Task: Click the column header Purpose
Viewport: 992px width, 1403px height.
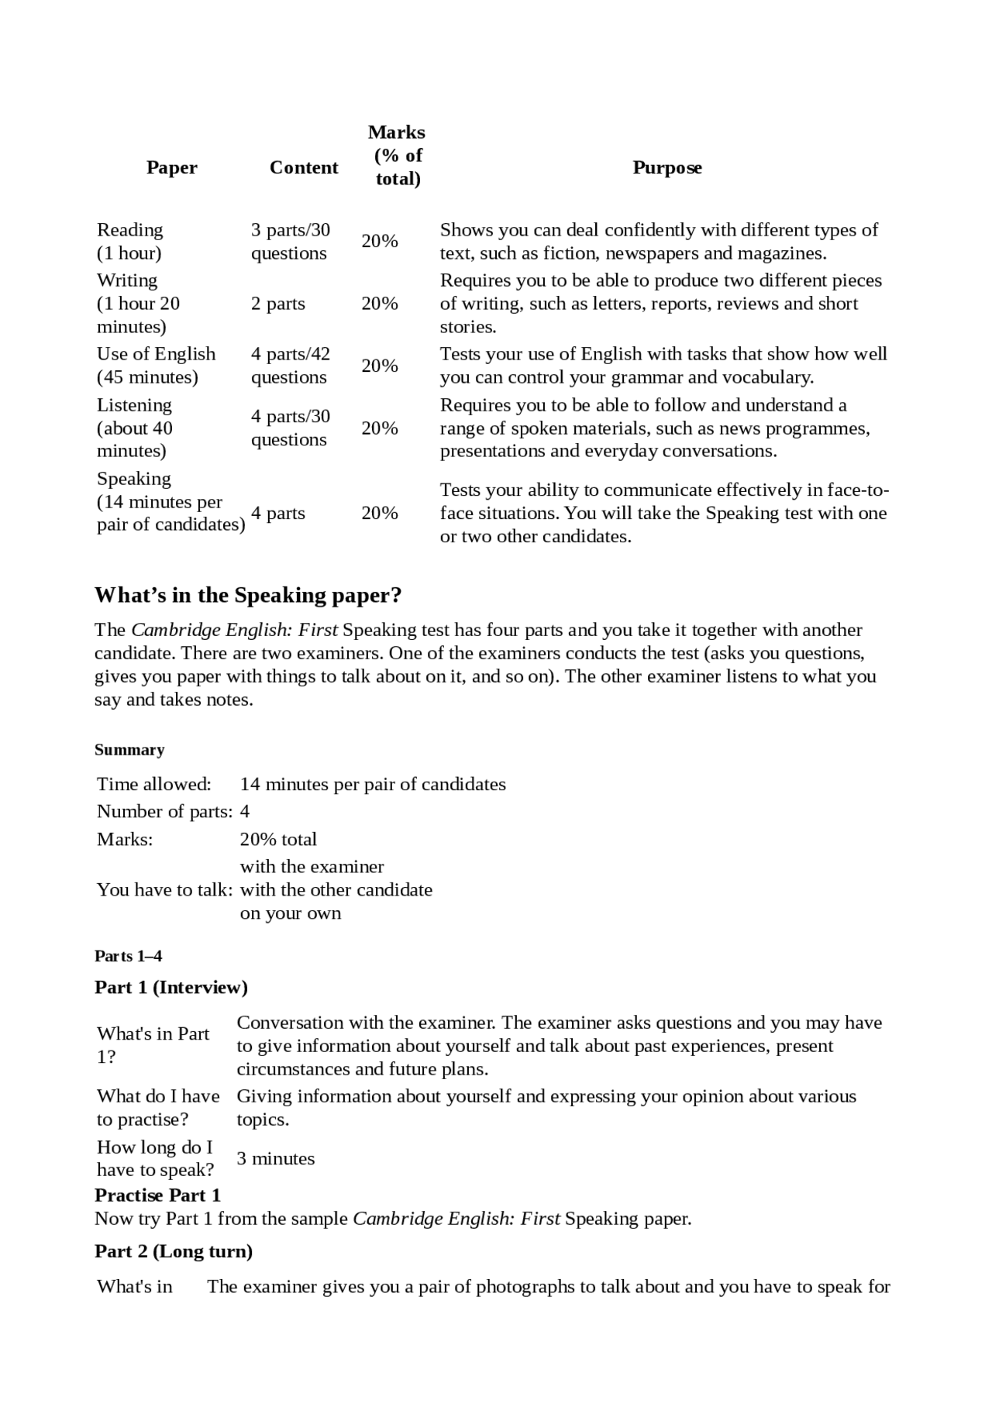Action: click(666, 167)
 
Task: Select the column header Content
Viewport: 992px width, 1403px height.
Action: click(304, 167)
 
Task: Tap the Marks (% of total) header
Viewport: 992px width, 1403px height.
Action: click(397, 156)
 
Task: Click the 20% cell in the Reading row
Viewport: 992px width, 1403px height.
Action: click(380, 241)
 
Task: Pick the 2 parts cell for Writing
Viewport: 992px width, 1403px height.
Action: click(277, 304)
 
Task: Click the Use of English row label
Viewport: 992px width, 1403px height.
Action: click(156, 366)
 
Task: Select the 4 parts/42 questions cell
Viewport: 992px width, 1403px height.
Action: click(290, 366)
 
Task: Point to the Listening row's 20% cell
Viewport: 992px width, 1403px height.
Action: click(380, 428)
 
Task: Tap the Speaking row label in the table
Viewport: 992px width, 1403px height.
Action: click(170, 501)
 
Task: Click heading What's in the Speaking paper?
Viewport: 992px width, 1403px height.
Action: click(248, 595)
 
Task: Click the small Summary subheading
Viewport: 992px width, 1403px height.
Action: click(129, 750)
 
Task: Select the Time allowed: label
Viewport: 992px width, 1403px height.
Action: click(153, 784)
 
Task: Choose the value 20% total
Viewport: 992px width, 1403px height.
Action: click(278, 839)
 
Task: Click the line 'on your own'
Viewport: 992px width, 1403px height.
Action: click(291, 913)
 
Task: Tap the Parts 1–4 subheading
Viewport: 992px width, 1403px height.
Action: click(128, 956)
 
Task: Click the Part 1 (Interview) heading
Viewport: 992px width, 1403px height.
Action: click(171, 987)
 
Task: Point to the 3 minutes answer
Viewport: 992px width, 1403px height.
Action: click(275, 1158)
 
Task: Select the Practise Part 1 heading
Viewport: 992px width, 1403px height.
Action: click(157, 1195)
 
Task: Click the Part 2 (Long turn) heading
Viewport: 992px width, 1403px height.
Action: click(174, 1251)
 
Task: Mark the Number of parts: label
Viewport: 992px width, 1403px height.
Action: click(164, 811)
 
